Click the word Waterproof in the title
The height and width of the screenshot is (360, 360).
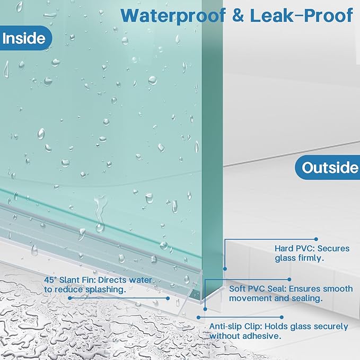(x=173, y=15)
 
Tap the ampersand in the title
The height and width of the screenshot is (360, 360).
(x=238, y=15)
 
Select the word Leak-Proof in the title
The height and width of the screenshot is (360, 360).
(x=301, y=15)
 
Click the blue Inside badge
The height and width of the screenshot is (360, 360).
(x=25, y=38)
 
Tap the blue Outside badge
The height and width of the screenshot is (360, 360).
(x=328, y=168)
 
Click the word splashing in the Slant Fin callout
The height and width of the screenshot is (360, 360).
(x=106, y=289)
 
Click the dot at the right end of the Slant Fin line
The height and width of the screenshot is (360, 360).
(x=168, y=298)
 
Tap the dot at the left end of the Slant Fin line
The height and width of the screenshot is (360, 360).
(x=70, y=298)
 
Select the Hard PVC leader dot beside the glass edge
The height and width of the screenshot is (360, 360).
(x=225, y=269)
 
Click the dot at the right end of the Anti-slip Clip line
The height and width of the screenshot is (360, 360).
(x=282, y=317)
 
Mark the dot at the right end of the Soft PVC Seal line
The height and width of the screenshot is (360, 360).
(x=289, y=279)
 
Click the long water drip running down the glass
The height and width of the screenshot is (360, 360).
(x=100, y=214)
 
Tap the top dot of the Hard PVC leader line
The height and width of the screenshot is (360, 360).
(x=316, y=239)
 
